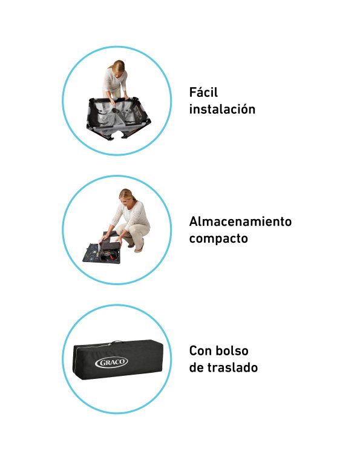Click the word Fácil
tap(203, 92)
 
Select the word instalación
tap(222, 109)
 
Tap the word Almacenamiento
tap(240, 222)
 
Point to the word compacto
tap(218, 238)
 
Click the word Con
tap(201, 350)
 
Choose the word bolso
tap(233, 350)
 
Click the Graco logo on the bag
tap(111, 363)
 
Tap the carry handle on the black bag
tap(117, 342)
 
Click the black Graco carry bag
tap(118, 360)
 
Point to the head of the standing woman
tap(118, 68)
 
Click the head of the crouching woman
tap(127, 196)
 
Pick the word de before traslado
tap(196, 367)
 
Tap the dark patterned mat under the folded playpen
tap(101, 252)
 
